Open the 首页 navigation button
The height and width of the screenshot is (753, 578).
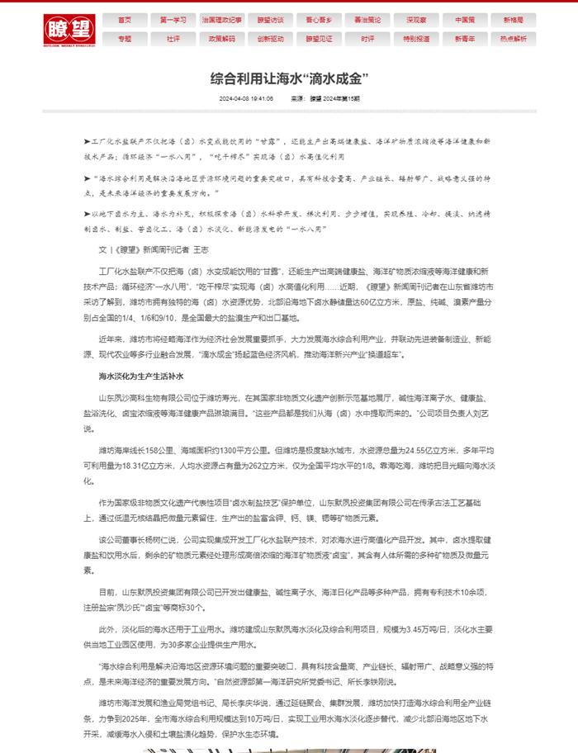tap(125, 19)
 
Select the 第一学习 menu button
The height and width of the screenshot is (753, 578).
tap(173, 19)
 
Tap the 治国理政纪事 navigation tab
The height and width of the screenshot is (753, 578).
tap(222, 19)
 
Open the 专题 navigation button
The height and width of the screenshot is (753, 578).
tap(125, 38)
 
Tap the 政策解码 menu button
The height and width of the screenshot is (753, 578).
tap(222, 38)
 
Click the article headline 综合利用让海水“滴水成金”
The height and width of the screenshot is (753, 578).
tap(288, 78)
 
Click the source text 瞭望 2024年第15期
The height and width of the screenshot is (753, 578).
tap(334, 98)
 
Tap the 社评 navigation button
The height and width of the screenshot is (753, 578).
tap(173, 38)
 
